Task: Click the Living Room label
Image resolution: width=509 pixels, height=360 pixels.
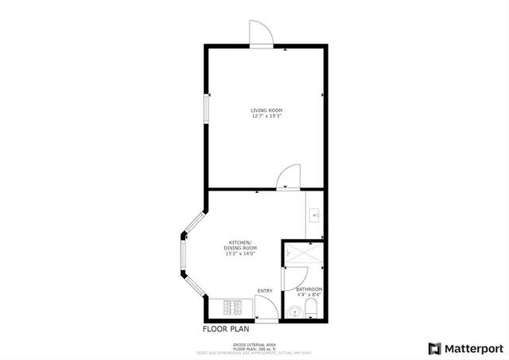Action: click(266, 110)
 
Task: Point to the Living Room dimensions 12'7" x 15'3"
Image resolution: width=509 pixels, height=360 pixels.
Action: click(266, 117)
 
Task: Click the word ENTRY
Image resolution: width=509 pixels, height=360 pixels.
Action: click(265, 291)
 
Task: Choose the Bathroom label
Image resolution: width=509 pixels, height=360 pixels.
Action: click(309, 288)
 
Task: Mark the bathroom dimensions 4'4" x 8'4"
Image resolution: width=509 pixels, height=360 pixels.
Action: click(309, 294)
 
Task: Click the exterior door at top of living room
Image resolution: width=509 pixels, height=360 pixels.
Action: click(262, 33)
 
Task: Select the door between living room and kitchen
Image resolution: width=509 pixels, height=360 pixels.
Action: click(288, 177)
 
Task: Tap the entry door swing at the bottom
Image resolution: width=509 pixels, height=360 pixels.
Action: click(267, 308)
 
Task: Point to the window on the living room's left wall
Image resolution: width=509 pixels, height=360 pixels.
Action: click(207, 109)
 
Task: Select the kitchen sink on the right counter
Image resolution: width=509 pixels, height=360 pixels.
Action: click(315, 214)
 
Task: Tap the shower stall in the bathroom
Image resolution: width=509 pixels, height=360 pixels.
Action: click(303, 254)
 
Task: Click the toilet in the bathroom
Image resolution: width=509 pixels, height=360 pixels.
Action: click(312, 309)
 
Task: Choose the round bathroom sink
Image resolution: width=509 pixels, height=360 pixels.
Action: click(295, 312)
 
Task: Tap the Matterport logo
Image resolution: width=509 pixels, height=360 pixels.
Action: click(465, 347)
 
